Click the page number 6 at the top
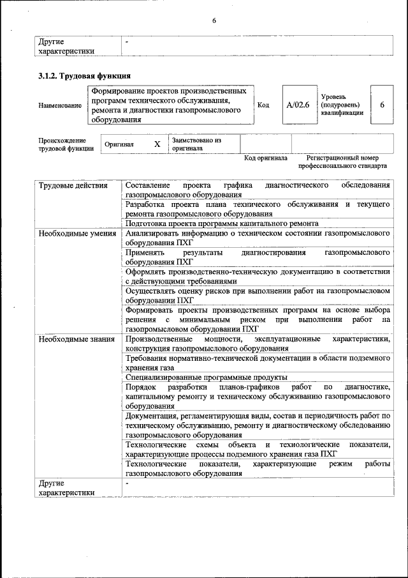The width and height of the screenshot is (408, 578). (214, 21)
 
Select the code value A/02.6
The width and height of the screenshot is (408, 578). (298, 105)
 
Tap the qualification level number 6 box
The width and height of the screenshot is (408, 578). (382, 105)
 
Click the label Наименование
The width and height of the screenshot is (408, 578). (59, 105)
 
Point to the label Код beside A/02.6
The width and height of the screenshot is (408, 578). (262, 105)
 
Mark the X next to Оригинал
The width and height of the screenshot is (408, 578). (157, 144)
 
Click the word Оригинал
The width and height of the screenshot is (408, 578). (119, 144)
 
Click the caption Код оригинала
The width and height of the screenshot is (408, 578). (266, 158)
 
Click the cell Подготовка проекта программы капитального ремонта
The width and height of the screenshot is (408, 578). (222, 224)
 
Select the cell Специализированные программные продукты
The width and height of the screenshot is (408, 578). (206, 377)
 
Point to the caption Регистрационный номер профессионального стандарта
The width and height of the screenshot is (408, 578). (342, 162)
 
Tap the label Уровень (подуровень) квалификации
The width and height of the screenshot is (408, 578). (342, 105)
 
